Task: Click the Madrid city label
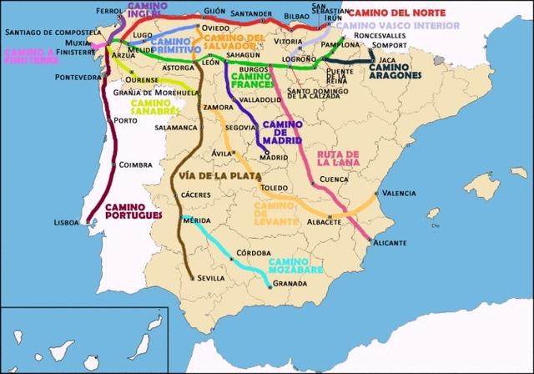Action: (273, 157)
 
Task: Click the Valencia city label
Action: (399, 193)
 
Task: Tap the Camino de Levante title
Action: (276, 212)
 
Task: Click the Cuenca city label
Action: (333, 179)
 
